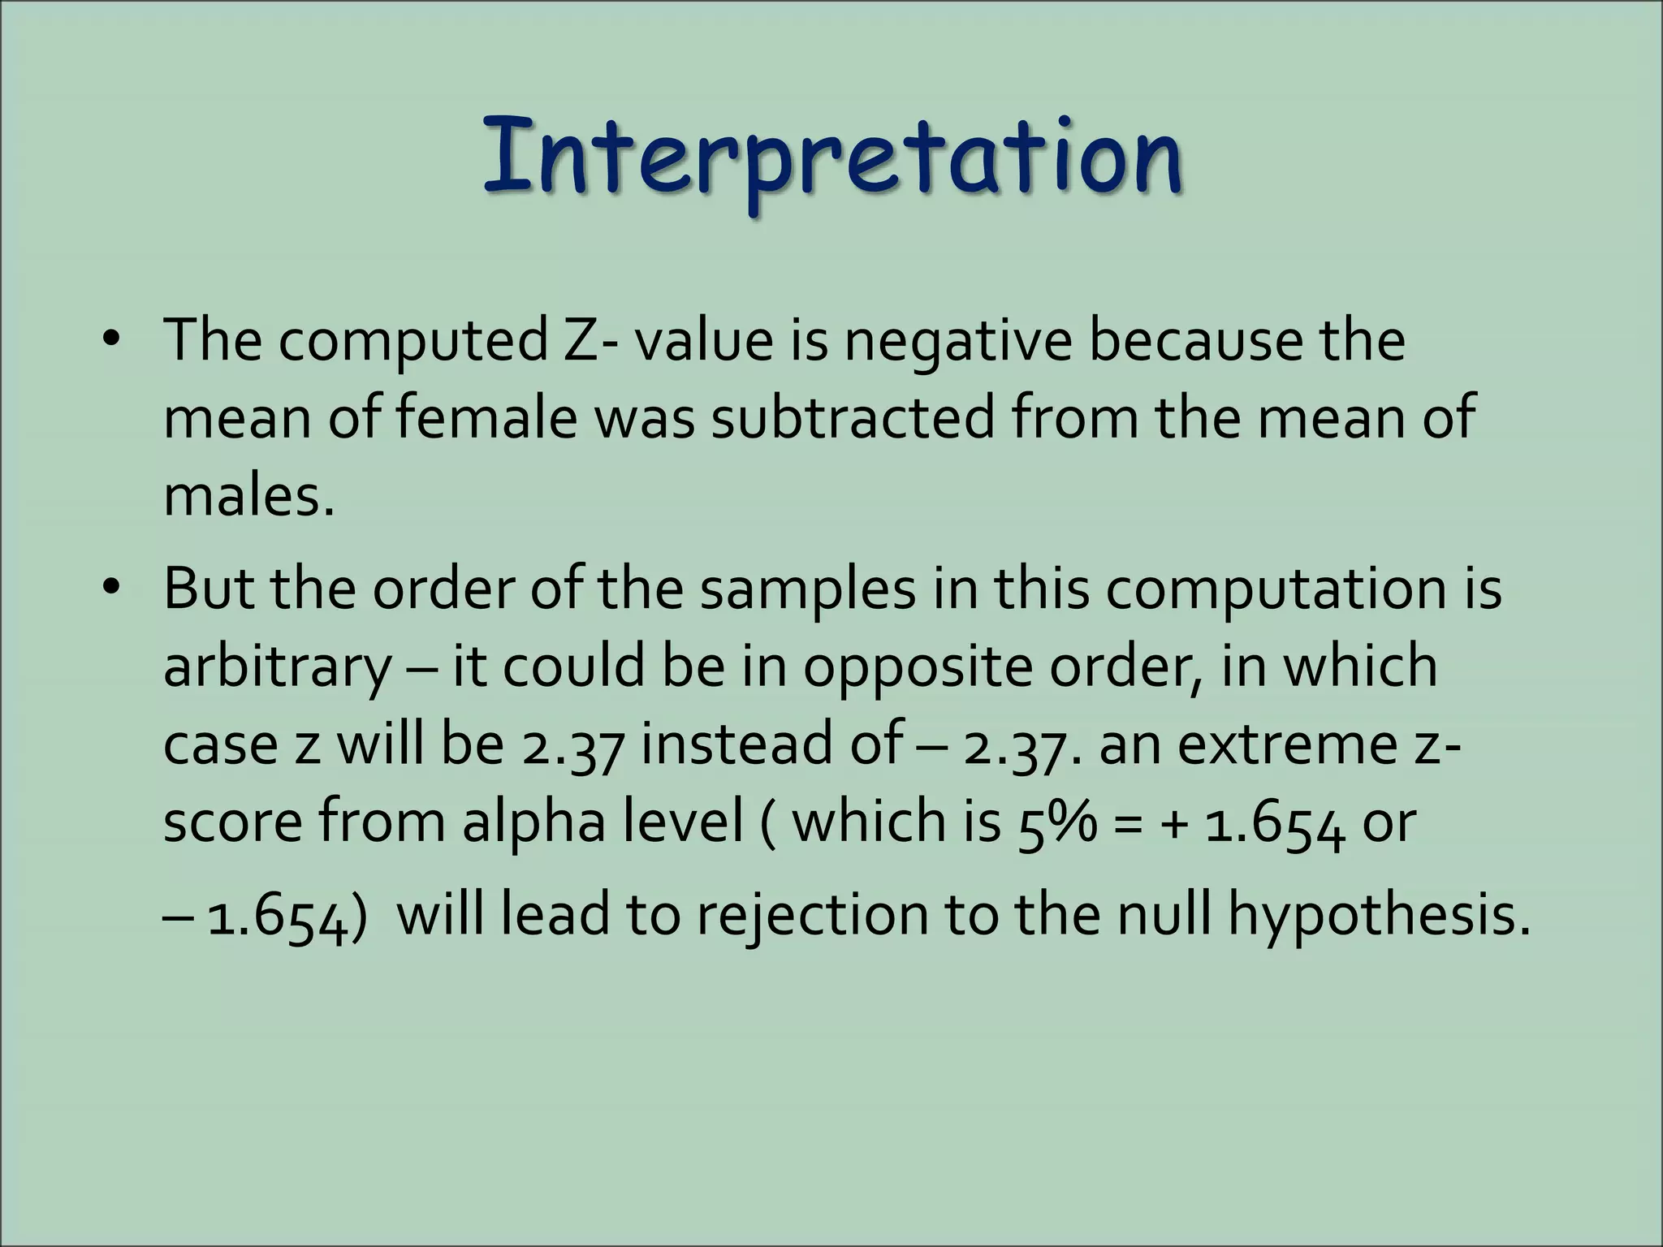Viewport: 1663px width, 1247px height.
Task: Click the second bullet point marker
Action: point(111,586)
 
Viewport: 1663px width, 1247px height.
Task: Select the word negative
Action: point(957,341)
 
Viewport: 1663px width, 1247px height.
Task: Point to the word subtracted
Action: point(852,417)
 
